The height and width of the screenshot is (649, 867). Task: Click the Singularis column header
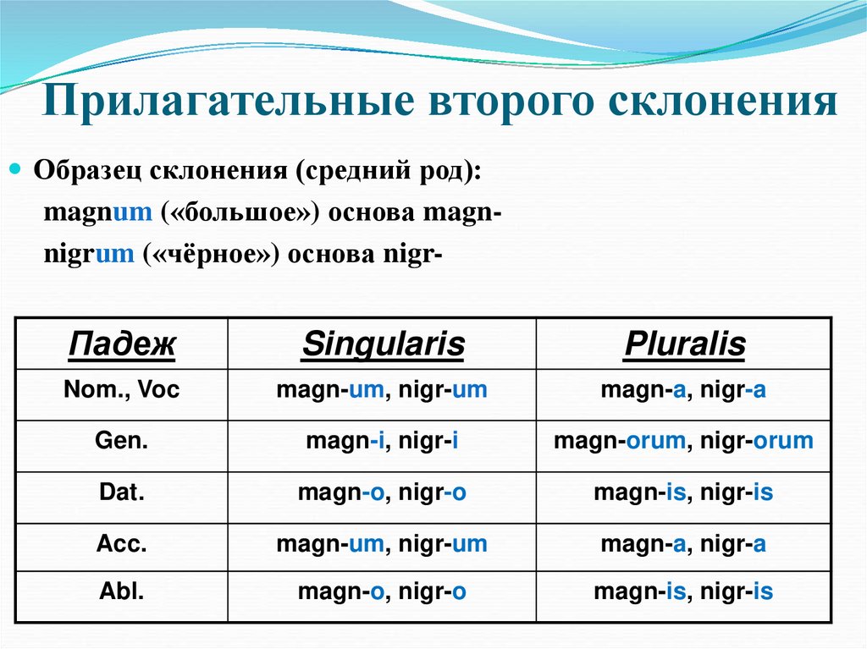point(383,344)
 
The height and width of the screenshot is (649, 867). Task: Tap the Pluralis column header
point(683,344)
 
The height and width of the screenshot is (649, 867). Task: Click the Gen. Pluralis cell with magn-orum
point(683,441)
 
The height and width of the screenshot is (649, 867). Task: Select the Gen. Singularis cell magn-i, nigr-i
point(383,441)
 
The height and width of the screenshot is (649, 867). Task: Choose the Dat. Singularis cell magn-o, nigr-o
point(383,493)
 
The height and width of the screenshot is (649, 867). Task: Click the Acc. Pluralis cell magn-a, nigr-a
point(683,544)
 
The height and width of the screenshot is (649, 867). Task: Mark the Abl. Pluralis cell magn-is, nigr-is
point(683,591)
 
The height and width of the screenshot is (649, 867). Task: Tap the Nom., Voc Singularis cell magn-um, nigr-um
point(383,390)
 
